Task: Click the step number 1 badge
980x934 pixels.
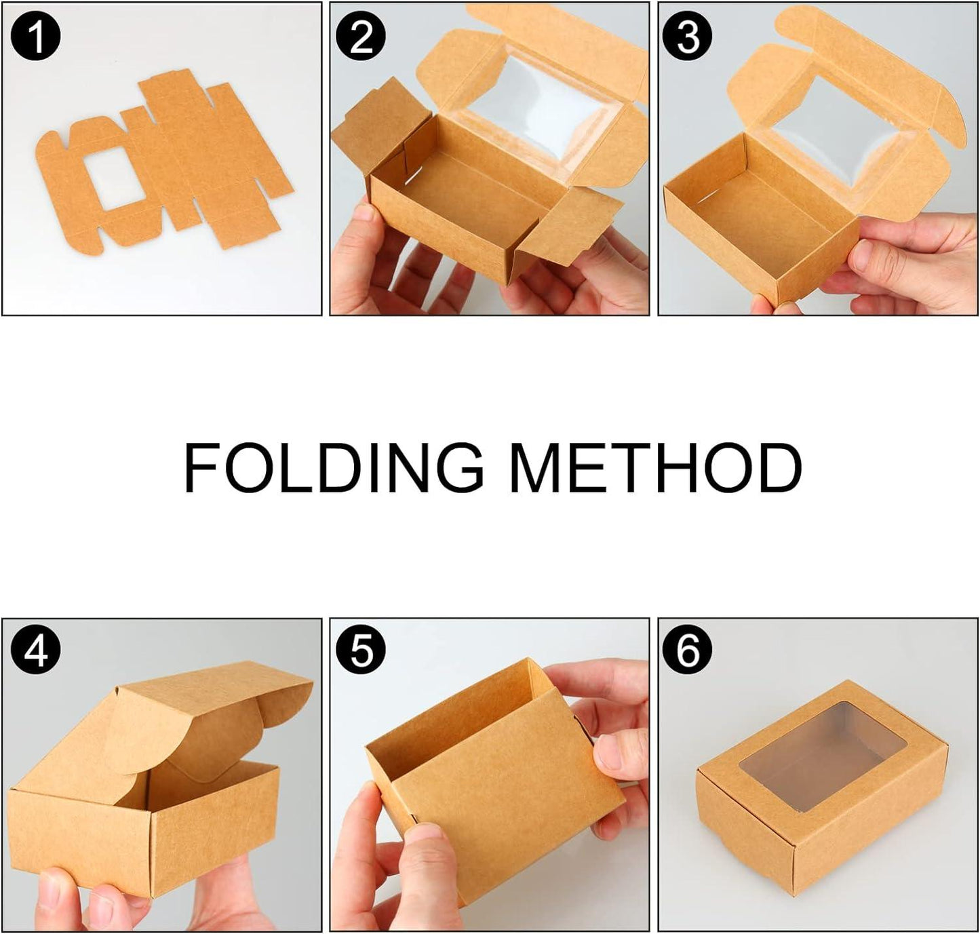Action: pos(36,37)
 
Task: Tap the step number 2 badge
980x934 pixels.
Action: pos(361,37)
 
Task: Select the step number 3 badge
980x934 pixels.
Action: pos(688,37)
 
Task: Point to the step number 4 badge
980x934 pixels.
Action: pos(36,651)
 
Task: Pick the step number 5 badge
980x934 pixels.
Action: pos(361,651)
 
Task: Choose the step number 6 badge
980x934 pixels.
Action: pos(688,651)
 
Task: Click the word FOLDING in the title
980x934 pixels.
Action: pos(333,468)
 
